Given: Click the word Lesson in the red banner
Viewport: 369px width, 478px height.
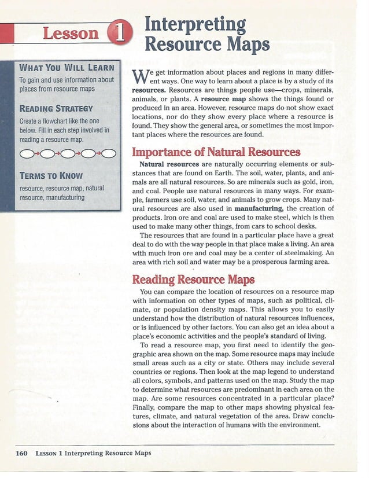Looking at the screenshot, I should (x=71, y=33).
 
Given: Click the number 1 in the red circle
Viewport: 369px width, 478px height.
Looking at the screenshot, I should (x=120, y=34).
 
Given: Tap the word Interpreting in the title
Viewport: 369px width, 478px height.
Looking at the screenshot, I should (x=194, y=24).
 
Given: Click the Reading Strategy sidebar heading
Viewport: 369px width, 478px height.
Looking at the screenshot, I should (x=56, y=108).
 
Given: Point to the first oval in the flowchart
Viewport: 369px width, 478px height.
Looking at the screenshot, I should (x=28, y=153).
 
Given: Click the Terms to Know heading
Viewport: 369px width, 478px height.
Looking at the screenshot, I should (x=51, y=175).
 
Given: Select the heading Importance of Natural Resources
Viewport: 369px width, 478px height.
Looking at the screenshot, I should (x=216, y=152).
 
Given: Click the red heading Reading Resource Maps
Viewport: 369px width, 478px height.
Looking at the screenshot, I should (x=193, y=280).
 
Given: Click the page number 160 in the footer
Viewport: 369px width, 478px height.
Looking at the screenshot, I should (x=22, y=453).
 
